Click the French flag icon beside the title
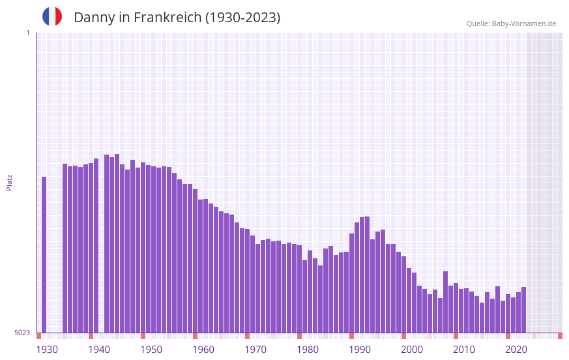coord(52,16)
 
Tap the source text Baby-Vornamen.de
coord(524,23)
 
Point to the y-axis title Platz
coord(9,182)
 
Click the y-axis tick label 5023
coord(22,333)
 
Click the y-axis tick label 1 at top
coord(27,33)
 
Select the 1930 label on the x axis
coord(47,350)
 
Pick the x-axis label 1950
coord(151,350)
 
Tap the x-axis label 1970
coord(255,350)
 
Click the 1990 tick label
coord(360,350)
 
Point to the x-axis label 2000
coord(412,350)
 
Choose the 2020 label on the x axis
coord(516,350)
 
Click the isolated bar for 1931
coord(44,254)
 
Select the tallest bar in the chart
coord(117,243)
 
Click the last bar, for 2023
coord(524,310)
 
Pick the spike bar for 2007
coord(446,302)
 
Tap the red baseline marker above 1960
coord(195,336)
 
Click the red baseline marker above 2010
coord(456,336)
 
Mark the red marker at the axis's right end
coord(560,336)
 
